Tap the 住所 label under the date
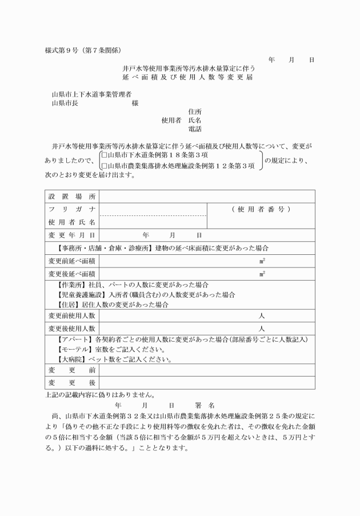click(x=195, y=112)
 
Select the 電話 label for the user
click(x=195, y=129)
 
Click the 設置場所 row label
click(x=72, y=197)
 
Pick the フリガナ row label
click(x=72, y=209)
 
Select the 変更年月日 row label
click(x=72, y=235)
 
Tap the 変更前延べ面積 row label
click(x=72, y=261)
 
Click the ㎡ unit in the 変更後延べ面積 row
click(x=262, y=274)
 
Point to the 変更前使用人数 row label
click(x=72, y=316)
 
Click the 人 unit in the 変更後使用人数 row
click(x=262, y=329)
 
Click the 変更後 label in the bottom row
click(x=72, y=382)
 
